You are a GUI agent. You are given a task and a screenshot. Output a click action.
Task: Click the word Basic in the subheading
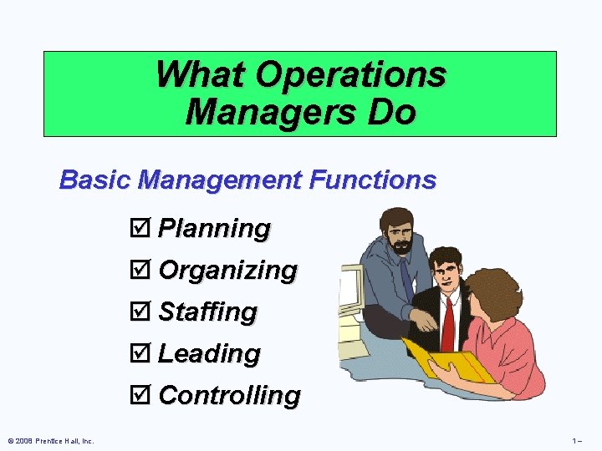(x=95, y=180)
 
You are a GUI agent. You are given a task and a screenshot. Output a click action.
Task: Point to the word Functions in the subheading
(x=370, y=180)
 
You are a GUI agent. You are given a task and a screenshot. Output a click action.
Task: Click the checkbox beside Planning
(x=143, y=228)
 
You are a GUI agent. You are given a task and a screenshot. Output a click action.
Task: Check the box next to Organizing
(x=143, y=270)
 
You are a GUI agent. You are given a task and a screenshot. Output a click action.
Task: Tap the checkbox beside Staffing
(x=143, y=312)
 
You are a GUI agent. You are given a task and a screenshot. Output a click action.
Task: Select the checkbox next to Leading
(x=143, y=353)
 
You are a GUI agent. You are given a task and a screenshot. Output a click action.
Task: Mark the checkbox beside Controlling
(x=143, y=395)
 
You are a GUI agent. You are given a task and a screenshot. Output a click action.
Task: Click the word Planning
(x=214, y=228)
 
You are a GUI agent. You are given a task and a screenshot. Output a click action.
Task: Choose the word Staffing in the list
(x=207, y=312)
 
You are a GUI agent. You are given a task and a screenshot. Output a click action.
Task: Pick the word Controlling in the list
(x=229, y=395)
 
